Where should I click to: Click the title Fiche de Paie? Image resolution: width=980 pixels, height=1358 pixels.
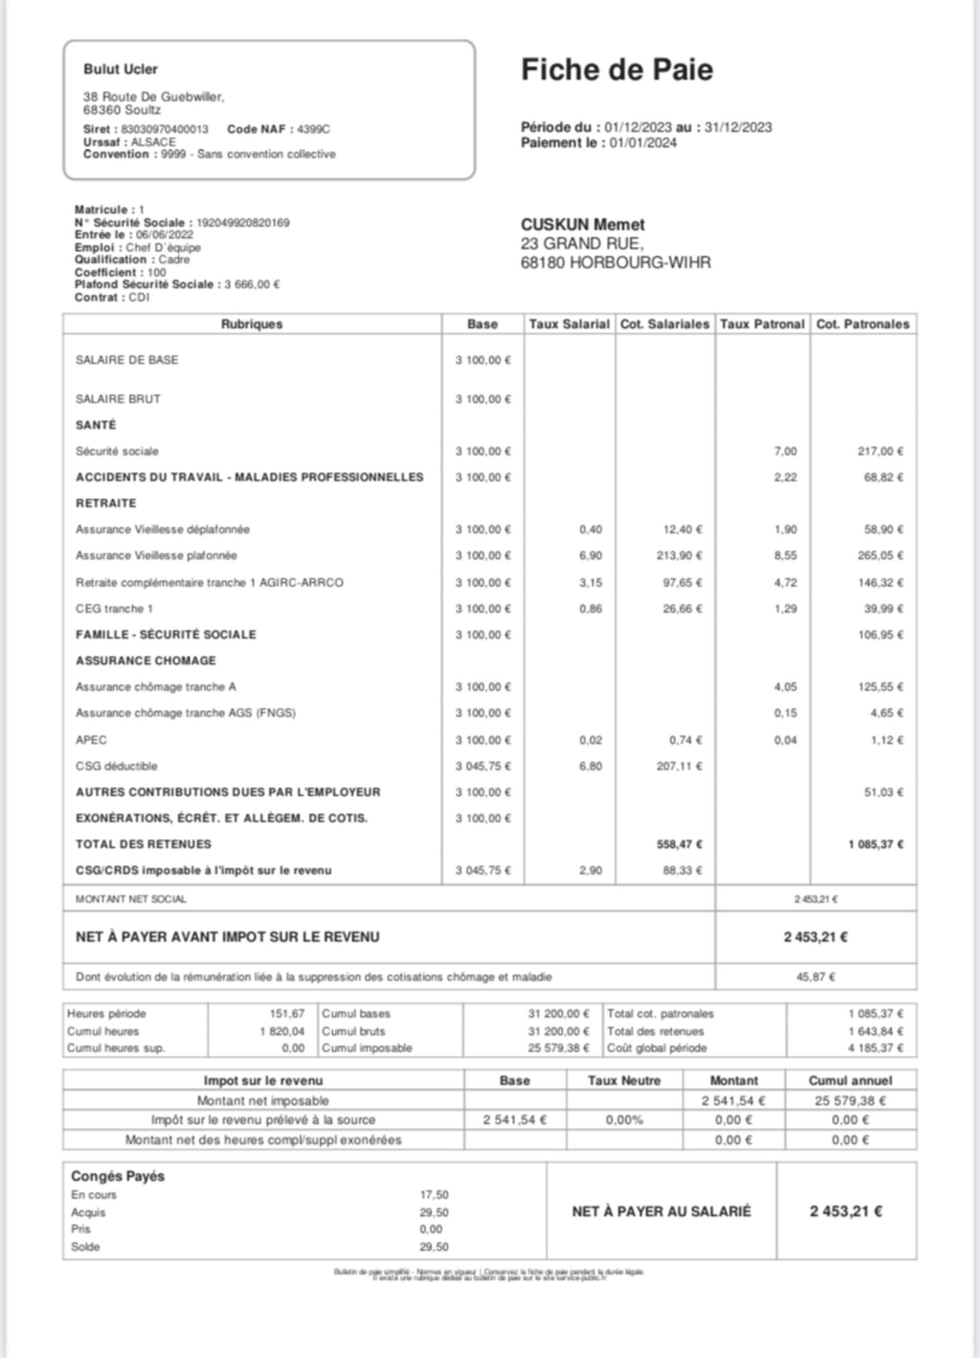(616, 70)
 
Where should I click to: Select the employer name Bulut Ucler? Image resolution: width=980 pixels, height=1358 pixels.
(121, 70)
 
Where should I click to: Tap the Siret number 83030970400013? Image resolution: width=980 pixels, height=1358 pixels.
(165, 129)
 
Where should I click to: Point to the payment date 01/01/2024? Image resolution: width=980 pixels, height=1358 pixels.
(643, 143)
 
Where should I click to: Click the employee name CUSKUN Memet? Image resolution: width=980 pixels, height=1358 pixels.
(583, 225)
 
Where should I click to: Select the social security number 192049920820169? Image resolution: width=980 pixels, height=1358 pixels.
(243, 223)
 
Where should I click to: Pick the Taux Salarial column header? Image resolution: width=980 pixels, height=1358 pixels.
(569, 324)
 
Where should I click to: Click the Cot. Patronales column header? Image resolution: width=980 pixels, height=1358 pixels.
(863, 324)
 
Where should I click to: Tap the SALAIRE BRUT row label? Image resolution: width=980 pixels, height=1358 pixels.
(118, 399)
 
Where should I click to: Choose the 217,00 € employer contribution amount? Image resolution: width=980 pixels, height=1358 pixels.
(880, 451)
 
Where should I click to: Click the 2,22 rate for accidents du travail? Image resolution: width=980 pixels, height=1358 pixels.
(785, 477)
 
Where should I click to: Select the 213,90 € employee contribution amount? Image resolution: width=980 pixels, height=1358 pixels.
(679, 556)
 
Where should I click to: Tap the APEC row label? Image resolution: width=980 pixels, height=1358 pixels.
(91, 740)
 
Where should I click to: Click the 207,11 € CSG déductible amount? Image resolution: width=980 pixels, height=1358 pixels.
(679, 766)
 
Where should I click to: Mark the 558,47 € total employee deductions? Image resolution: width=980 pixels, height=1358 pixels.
(679, 844)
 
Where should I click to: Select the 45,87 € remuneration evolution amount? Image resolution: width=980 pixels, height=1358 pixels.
(815, 977)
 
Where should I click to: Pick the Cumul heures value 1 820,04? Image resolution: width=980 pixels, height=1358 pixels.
(282, 1031)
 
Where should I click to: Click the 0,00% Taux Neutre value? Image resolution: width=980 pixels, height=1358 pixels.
(624, 1120)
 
